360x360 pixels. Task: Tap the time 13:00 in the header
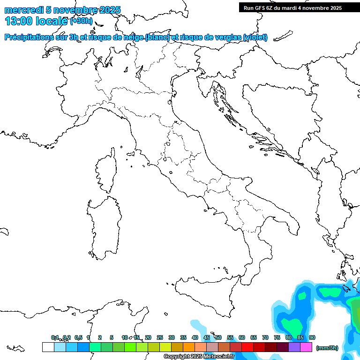[19, 21]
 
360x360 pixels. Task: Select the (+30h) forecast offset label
[82, 21]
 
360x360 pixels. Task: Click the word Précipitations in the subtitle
[29, 37]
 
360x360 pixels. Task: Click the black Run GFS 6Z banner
[292, 8]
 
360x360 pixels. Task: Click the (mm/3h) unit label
[327, 348]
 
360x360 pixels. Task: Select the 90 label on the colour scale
[312, 337]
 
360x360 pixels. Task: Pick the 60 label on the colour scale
[242, 337]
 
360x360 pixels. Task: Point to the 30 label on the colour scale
[172, 337]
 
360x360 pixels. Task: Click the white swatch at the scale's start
[48, 347]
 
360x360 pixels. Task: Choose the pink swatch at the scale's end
[306, 347]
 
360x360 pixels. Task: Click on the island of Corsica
[106, 171]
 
